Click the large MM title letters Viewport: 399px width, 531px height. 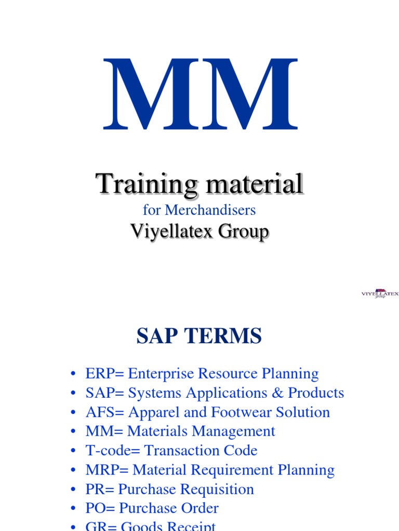[x=200, y=95]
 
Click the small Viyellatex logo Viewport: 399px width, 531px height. [x=380, y=294]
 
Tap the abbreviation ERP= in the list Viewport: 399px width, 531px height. [x=105, y=374]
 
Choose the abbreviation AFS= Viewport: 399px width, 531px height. [x=104, y=412]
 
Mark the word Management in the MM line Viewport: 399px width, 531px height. [x=233, y=431]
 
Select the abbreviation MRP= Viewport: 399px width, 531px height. [x=107, y=470]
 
